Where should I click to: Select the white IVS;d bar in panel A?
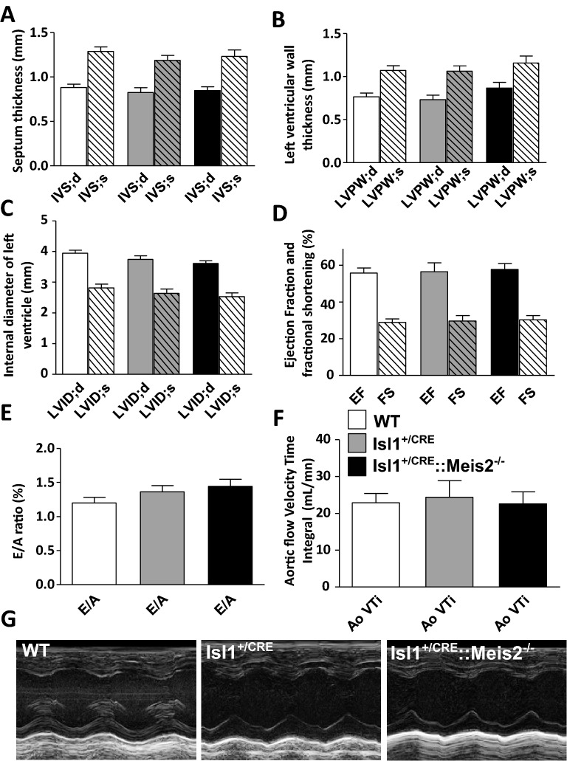click(74, 126)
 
